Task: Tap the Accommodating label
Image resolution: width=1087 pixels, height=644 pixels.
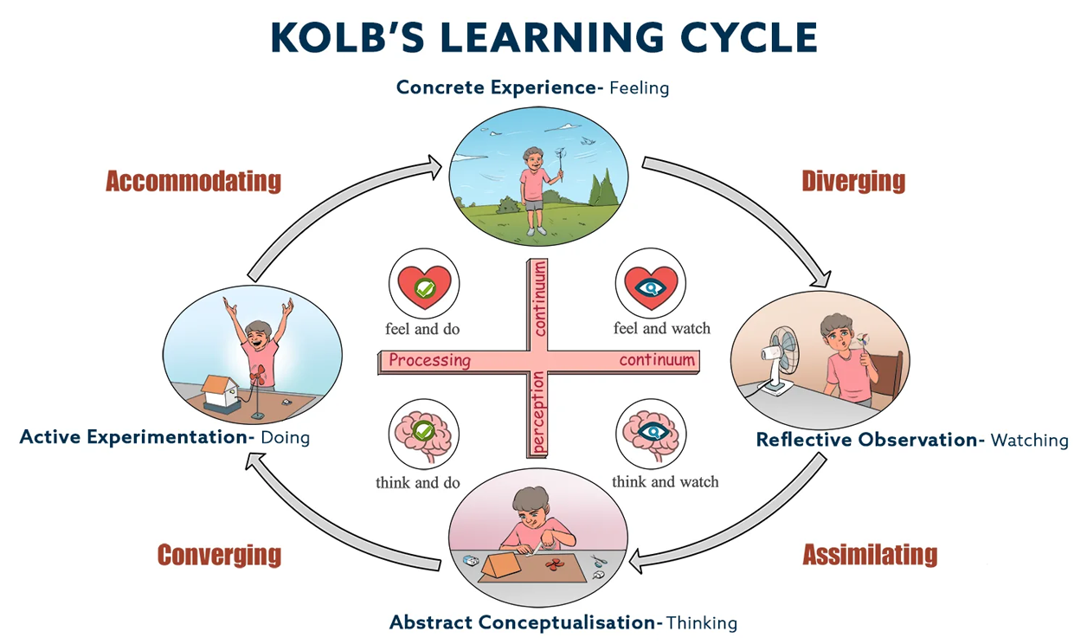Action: (193, 181)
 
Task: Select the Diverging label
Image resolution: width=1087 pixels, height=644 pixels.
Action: (853, 181)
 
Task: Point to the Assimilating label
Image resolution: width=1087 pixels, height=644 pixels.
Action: (870, 554)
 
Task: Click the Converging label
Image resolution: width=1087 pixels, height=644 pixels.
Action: (219, 555)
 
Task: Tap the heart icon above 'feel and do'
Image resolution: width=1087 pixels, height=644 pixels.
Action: (423, 283)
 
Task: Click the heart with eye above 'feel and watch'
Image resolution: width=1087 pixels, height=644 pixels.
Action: (650, 285)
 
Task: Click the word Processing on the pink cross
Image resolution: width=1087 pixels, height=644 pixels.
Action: (429, 360)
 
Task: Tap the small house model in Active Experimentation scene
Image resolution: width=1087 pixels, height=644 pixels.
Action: (222, 391)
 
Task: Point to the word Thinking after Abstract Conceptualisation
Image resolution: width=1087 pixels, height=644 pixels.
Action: (702, 622)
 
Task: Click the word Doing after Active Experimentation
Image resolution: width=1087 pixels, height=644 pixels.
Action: (285, 437)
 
